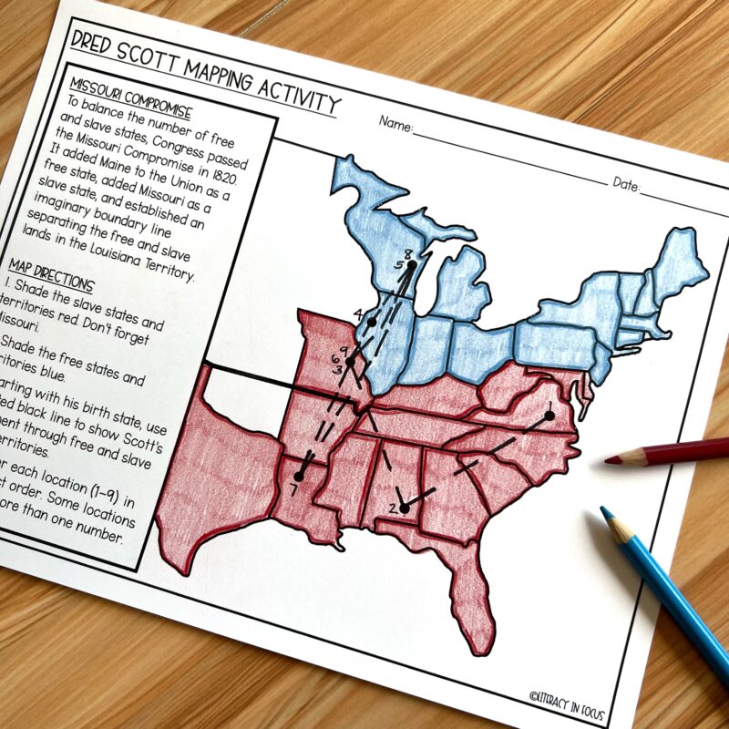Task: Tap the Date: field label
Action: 626,184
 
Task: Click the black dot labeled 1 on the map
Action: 549,416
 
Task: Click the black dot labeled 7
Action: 299,476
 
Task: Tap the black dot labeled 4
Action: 372,323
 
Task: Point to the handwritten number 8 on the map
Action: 407,253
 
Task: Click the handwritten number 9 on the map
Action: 343,351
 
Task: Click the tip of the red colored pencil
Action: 608,461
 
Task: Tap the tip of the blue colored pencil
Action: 603,511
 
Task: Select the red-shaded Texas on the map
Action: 219,483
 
